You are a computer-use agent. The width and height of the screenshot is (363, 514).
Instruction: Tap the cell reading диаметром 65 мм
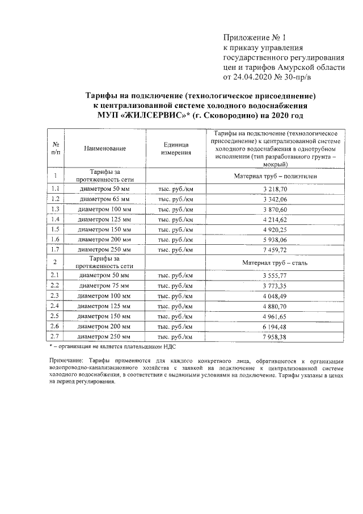104,198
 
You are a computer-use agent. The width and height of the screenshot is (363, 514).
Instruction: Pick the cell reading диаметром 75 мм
104,285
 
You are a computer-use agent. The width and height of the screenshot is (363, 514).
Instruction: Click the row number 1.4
55,219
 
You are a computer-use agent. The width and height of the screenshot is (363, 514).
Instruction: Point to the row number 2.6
55,326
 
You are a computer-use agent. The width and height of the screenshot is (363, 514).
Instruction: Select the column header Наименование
104,148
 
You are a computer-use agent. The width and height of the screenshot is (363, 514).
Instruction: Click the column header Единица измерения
175,148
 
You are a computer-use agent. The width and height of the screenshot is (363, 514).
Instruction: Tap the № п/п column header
55,148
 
